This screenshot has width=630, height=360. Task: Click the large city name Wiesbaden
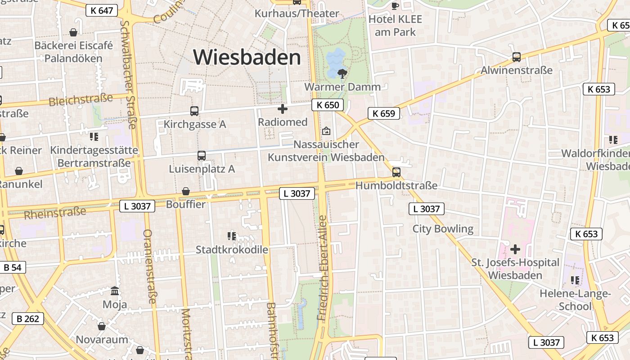tap(247, 58)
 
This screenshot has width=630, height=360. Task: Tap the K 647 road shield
tap(102, 10)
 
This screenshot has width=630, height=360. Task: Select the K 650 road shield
tap(328, 105)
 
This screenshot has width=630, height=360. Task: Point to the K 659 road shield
tap(384, 113)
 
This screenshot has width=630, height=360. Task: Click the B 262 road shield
tap(28, 319)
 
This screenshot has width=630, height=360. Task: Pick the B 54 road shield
tap(12, 267)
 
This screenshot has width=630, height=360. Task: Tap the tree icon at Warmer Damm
tap(342, 73)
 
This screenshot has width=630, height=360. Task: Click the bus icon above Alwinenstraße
tap(517, 57)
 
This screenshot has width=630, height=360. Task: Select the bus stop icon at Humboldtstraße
tap(396, 172)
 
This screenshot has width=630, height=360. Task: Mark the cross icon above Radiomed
tap(283, 109)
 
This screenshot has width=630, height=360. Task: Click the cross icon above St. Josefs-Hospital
tap(515, 249)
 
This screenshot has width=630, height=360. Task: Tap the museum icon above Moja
tap(115, 291)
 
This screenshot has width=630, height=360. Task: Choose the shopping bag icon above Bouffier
tap(185, 192)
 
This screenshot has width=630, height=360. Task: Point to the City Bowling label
tap(443, 229)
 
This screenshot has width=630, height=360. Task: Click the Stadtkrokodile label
tap(232, 250)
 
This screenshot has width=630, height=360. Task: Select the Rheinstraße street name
tap(55, 213)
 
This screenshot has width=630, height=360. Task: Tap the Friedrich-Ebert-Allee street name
tap(323, 268)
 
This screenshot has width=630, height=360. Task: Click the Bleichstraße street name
tap(81, 99)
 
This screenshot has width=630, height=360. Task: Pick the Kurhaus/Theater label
tap(297, 13)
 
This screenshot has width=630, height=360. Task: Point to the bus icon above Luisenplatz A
tap(202, 156)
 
